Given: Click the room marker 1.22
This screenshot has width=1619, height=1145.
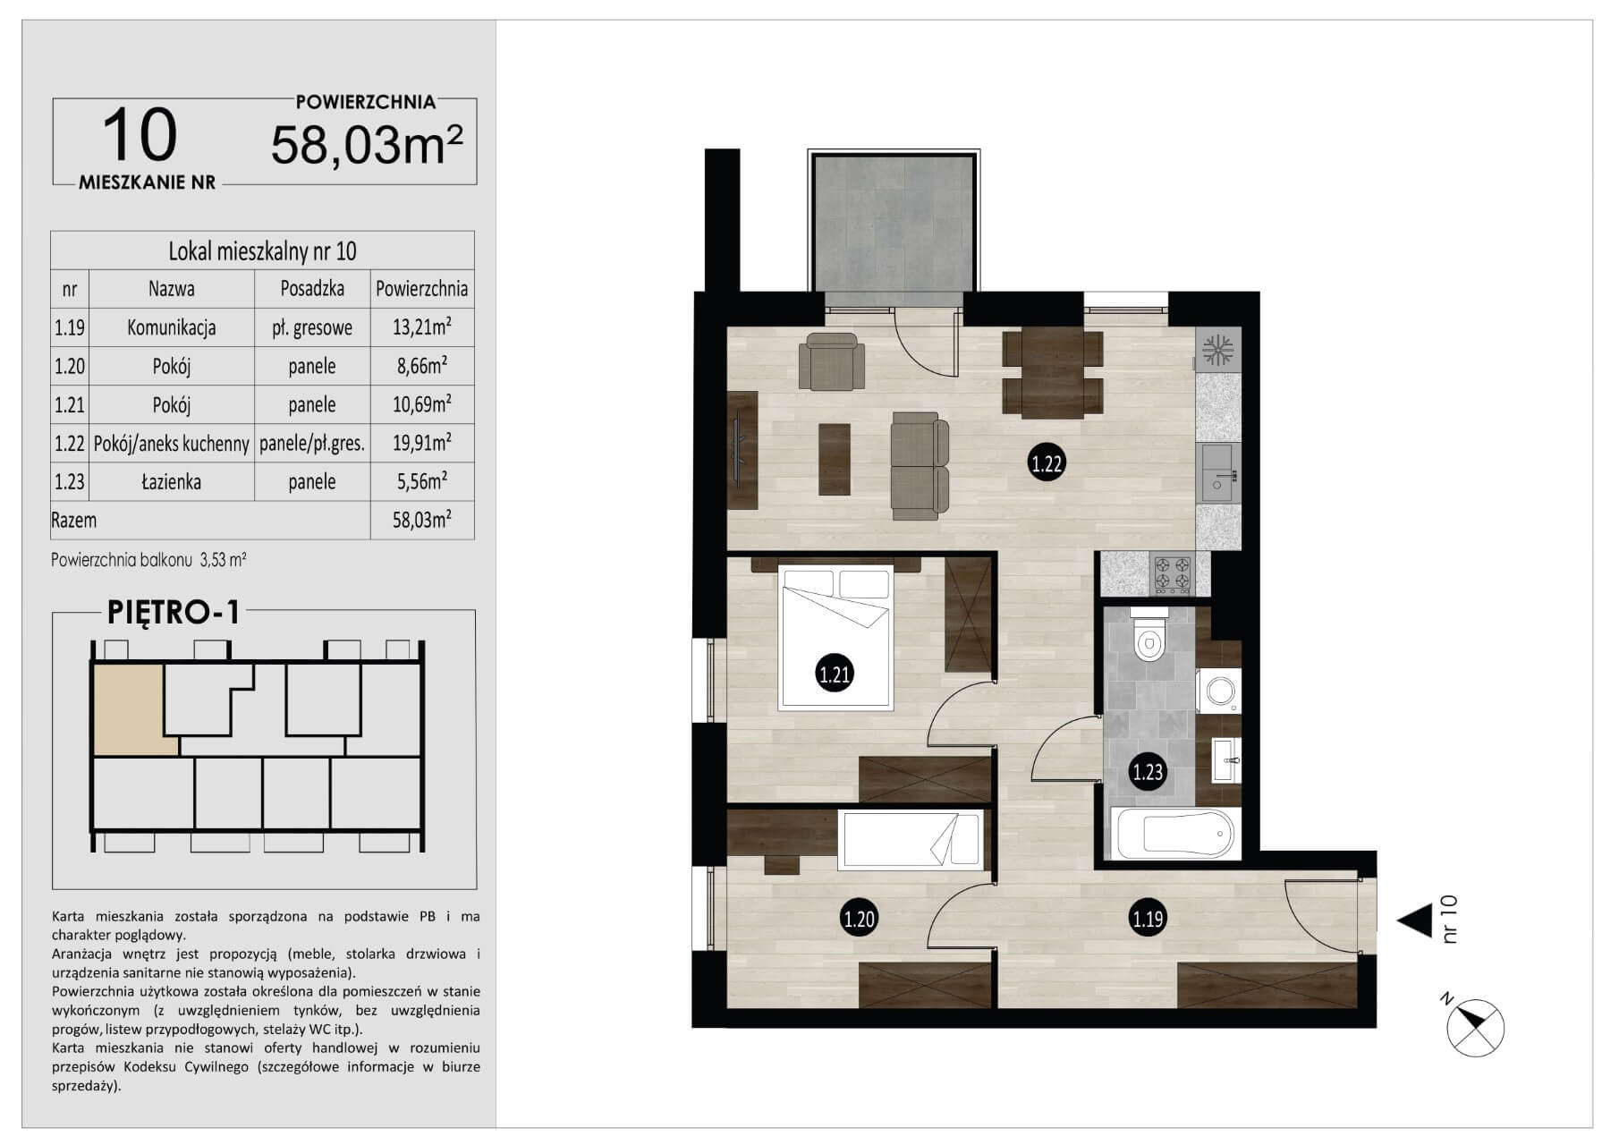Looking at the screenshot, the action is pyautogui.click(x=1047, y=463).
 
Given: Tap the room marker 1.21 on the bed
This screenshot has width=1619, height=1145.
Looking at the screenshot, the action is pyautogui.click(x=835, y=674).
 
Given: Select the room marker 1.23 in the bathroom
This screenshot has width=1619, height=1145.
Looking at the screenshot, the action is pyautogui.click(x=1148, y=771).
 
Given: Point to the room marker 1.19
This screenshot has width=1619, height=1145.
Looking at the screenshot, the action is pyautogui.click(x=1148, y=918).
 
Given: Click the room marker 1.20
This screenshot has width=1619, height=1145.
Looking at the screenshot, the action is pyautogui.click(x=859, y=918).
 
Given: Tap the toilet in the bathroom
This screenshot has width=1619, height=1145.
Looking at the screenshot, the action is pyautogui.click(x=1149, y=634).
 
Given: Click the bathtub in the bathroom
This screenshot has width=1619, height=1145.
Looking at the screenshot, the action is pyautogui.click(x=1173, y=834).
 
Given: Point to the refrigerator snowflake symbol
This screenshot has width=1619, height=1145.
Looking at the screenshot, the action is pyautogui.click(x=1217, y=349).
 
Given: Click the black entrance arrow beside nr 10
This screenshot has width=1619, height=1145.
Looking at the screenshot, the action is pyautogui.click(x=1415, y=920).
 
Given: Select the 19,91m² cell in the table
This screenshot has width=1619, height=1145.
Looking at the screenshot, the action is pyautogui.click(x=421, y=443).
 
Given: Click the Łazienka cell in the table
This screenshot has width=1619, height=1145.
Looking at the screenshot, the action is pyautogui.click(x=171, y=482).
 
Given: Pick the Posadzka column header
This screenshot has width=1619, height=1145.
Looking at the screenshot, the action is pyautogui.click(x=312, y=289).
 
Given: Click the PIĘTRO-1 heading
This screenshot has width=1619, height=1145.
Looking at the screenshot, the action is pyautogui.click(x=174, y=612).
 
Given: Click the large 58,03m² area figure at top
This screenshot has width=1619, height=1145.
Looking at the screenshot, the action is pyautogui.click(x=367, y=144).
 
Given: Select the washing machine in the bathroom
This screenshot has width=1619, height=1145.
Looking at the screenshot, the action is pyautogui.click(x=1219, y=691).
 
